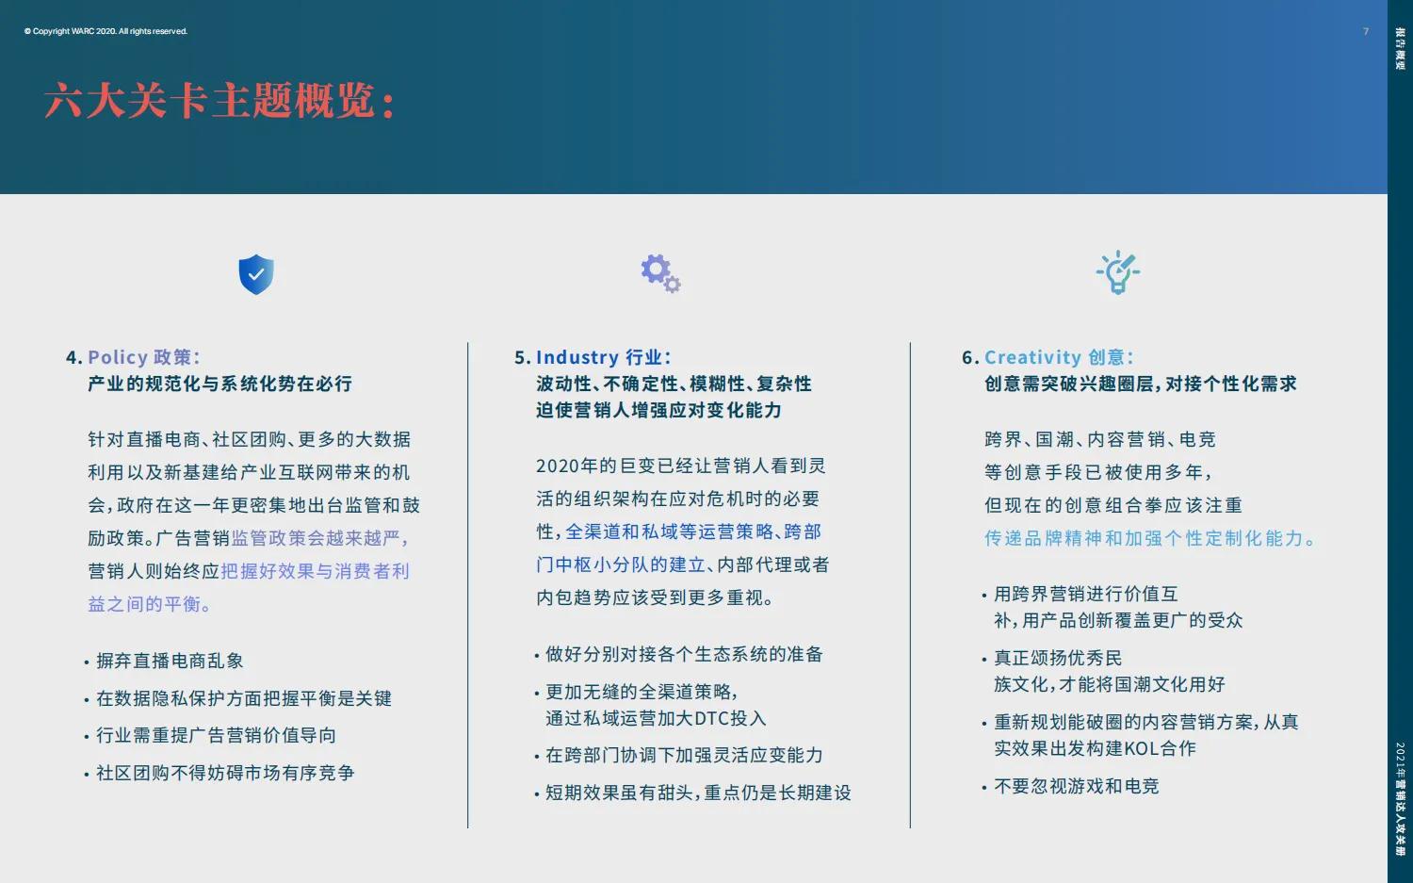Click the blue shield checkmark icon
coord(256,274)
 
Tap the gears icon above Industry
coord(660,273)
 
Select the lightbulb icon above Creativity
coord(1118,272)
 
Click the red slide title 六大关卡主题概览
coord(219,101)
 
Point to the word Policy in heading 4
coord(117,357)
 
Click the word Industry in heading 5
coord(577,357)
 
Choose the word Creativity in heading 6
coord(1032,357)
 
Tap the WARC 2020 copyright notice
coord(106,31)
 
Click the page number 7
coord(1366,32)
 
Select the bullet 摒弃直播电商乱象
coord(170,661)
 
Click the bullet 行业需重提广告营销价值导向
coord(216,735)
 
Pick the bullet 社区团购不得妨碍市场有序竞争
coord(225,773)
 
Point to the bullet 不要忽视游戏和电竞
coord(1076,786)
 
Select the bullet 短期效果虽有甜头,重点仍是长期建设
coord(698,793)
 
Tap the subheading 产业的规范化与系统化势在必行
coord(219,384)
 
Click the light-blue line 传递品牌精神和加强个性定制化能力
coord(1149,538)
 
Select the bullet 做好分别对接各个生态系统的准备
coord(684,654)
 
